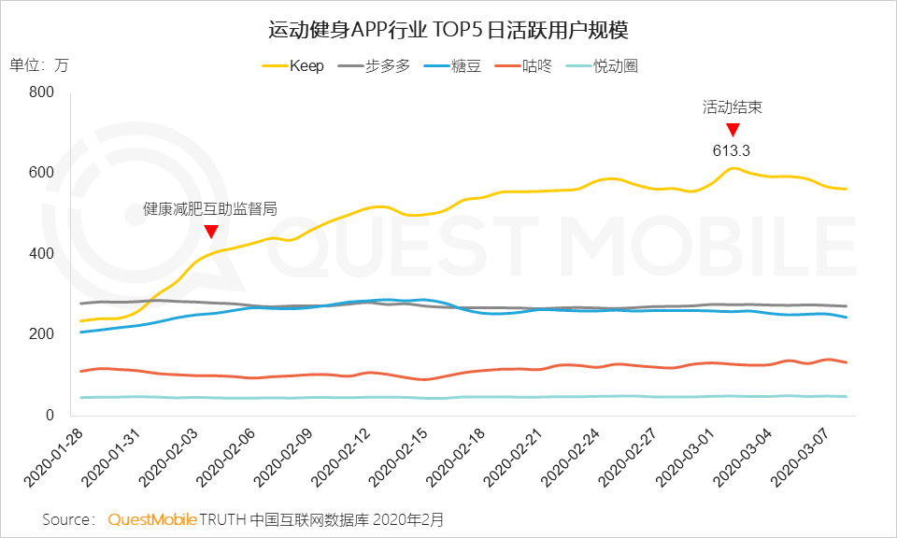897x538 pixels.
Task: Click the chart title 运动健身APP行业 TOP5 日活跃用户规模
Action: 448,31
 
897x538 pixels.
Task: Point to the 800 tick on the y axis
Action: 43,92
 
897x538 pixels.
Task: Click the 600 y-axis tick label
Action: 43,174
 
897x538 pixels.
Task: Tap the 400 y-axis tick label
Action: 43,254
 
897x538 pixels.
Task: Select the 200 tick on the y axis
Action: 43,334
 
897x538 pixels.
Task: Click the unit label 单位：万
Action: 38,65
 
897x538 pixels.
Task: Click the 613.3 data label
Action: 732,149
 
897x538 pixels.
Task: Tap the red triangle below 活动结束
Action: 733,129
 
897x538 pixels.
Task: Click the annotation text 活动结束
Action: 733,107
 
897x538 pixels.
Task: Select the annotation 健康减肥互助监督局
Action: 210,209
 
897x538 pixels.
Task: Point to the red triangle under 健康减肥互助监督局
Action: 211,231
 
